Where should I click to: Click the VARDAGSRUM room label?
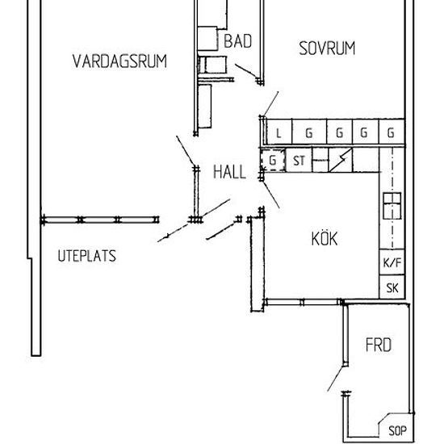click(119, 61)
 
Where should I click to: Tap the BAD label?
click(237, 41)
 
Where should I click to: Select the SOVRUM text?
click(327, 48)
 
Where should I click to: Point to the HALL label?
click(229, 172)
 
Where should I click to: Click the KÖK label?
click(325, 238)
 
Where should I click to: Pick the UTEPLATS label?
click(87, 256)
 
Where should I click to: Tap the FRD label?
click(379, 345)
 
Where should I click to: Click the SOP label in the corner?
click(397, 431)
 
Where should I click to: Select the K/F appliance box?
click(392, 262)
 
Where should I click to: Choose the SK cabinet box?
click(392, 287)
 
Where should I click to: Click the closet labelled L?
click(279, 132)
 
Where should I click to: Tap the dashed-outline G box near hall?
click(273, 161)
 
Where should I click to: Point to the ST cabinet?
click(299, 161)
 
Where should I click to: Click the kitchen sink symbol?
click(392, 206)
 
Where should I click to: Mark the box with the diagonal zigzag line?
click(341, 160)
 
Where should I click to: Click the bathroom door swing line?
click(245, 71)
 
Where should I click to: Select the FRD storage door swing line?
click(336, 379)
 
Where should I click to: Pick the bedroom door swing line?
click(270, 103)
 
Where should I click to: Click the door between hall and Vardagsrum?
click(186, 151)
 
